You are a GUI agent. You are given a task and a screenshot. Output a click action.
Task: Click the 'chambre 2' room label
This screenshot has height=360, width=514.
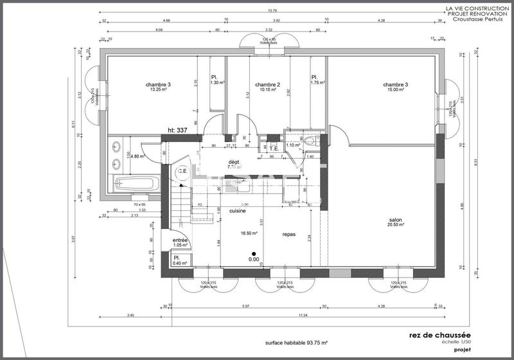click(x=267, y=84)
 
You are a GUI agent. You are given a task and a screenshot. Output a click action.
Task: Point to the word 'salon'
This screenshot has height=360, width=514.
click(x=394, y=219)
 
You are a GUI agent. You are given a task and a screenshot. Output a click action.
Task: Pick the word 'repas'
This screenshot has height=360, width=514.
click(x=289, y=235)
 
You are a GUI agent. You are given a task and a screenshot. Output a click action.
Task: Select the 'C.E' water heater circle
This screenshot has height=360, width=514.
click(x=182, y=171)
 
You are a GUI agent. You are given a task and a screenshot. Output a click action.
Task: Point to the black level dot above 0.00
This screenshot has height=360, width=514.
click(x=254, y=253)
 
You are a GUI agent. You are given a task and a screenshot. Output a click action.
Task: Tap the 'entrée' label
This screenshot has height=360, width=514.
click(x=181, y=240)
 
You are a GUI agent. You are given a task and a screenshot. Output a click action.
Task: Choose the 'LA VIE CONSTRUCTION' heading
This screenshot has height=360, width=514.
click(x=477, y=8)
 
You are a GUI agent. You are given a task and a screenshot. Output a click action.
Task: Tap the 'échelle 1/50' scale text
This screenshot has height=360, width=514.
click(x=456, y=342)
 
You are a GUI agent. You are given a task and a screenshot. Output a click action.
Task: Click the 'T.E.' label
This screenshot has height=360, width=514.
click(x=274, y=147)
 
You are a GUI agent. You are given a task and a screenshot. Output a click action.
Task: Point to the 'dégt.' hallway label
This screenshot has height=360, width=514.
click(x=234, y=161)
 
